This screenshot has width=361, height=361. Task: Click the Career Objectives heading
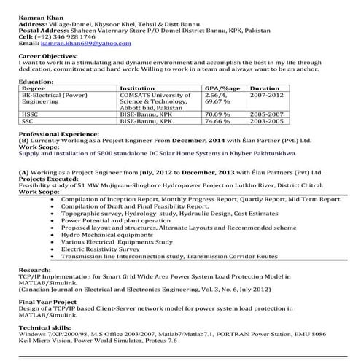point(48,55)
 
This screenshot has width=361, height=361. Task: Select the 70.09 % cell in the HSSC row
point(217,114)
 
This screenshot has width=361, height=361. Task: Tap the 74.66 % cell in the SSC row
point(217,121)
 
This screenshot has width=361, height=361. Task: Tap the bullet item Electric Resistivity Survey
point(106,250)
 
